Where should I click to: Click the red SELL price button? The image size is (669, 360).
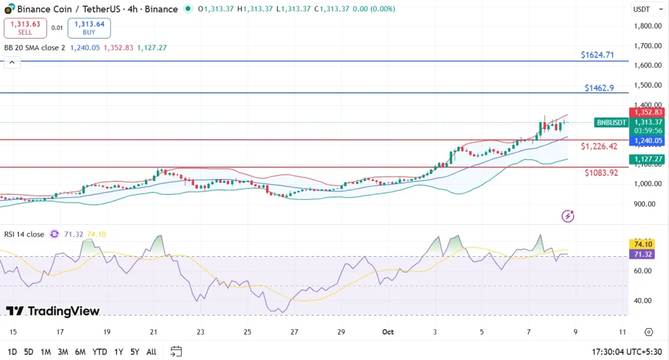[25, 28]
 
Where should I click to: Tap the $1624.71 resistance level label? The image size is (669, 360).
[597, 55]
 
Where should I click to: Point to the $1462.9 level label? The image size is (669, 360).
[599, 88]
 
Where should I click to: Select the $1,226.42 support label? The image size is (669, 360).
[599, 146]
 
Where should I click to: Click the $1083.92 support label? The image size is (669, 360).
[601, 173]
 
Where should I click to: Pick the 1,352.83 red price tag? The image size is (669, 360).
[646, 112]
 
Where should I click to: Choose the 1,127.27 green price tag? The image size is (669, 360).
[646, 159]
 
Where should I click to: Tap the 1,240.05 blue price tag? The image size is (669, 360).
[646, 140]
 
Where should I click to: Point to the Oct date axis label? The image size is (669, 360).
[387, 332]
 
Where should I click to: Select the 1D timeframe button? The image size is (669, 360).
[12, 352]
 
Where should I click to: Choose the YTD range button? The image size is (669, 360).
[99, 352]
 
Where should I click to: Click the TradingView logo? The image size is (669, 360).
[53, 312]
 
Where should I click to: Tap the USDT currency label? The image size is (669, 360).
[642, 9]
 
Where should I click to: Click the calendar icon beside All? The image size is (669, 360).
[176, 352]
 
